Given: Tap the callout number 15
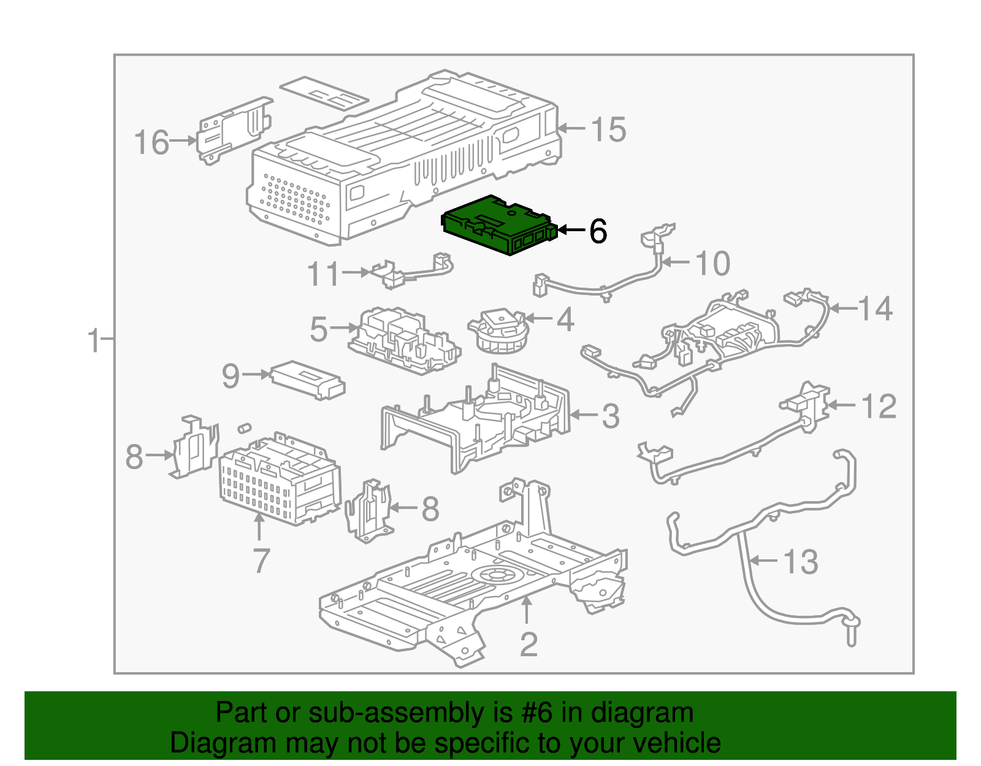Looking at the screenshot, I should [x=608, y=130].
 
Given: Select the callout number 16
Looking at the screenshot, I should [x=151, y=142].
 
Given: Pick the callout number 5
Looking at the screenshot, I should [x=319, y=329].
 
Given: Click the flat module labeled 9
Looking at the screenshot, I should [x=308, y=380].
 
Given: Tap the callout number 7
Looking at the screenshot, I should [x=261, y=561].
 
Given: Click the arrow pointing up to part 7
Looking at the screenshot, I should [x=259, y=527].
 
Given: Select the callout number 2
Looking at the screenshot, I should [x=529, y=644].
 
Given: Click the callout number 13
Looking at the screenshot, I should [x=801, y=562].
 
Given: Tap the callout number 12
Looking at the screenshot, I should [x=879, y=407].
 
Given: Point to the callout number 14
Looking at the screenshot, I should [x=875, y=308].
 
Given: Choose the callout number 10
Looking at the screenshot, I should [x=712, y=264].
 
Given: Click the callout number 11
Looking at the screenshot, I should [x=323, y=274].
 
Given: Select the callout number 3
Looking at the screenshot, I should [x=610, y=416].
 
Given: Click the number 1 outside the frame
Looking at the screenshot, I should [x=93, y=341].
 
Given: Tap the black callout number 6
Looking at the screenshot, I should [x=598, y=231].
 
